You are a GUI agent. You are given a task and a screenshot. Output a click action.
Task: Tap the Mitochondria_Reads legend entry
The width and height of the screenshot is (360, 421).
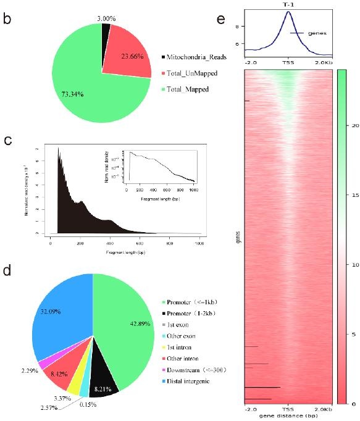click(x=195, y=56)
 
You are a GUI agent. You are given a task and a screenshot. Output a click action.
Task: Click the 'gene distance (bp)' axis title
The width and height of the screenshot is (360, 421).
click(x=288, y=415)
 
